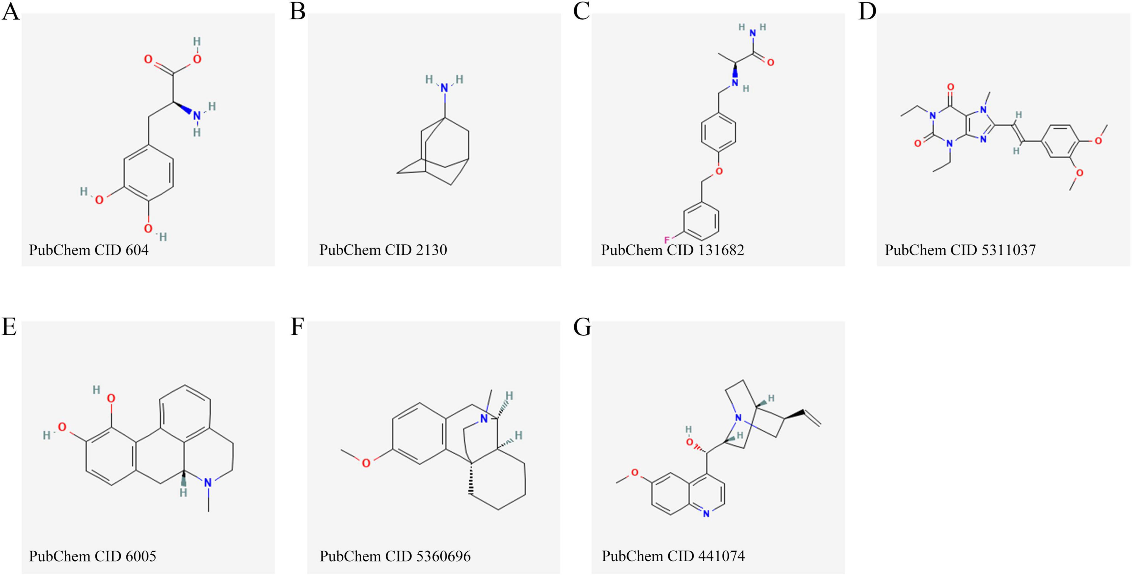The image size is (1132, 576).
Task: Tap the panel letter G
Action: click(582, 327)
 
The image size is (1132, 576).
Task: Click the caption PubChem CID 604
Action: click(89, 250)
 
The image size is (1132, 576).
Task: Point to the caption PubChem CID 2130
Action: click(383, 250)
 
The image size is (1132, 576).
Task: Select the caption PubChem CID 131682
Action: click(672, 250)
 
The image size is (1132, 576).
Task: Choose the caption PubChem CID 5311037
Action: click(960, 250)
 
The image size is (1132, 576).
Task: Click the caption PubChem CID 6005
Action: click(92, 557)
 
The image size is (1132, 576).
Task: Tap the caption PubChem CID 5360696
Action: click(395, 557)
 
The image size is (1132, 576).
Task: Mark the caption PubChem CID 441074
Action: click(673, 557)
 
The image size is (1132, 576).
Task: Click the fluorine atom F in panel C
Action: click(667, 240)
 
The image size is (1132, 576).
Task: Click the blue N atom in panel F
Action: click(484, 419)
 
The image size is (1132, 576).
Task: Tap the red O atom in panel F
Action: click(366, 463)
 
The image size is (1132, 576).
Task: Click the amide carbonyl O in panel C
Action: click(771, 63)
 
